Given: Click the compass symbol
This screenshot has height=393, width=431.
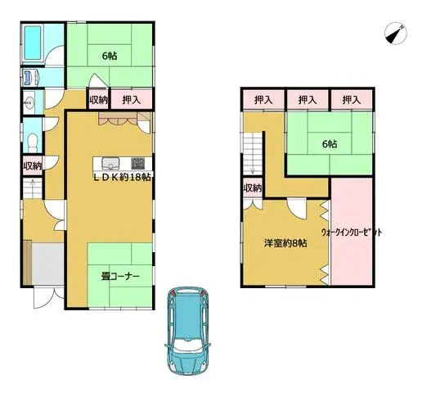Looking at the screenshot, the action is point(396,34).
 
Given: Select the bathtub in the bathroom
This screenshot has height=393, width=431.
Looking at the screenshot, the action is point(33,43).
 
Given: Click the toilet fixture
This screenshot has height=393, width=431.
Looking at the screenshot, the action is point(33,142).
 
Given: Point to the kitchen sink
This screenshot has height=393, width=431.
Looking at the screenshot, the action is point(110,164).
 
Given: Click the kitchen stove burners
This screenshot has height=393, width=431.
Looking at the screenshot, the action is point(137,163).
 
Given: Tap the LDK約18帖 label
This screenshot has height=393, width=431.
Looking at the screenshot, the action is point(123,178).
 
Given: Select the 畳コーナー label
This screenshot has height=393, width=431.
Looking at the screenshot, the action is point(120,276).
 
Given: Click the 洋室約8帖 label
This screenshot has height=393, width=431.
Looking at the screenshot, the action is point(285,243).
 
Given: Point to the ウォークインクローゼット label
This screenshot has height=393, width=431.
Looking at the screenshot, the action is point(352,233).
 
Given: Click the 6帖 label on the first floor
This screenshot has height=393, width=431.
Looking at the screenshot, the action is point(110,56).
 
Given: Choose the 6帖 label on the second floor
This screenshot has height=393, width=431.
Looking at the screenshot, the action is point(330,143).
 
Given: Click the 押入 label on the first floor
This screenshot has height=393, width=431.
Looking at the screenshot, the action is point(132,100).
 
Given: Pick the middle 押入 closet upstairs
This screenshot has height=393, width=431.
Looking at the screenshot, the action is point(308,100).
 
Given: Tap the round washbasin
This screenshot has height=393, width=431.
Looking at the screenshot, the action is point(29,103).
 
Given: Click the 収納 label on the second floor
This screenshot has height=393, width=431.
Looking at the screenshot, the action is point(253,188).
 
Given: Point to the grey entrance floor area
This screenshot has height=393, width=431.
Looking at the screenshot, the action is point(47,264).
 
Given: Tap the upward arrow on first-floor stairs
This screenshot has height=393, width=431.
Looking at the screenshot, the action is point(33,185).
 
